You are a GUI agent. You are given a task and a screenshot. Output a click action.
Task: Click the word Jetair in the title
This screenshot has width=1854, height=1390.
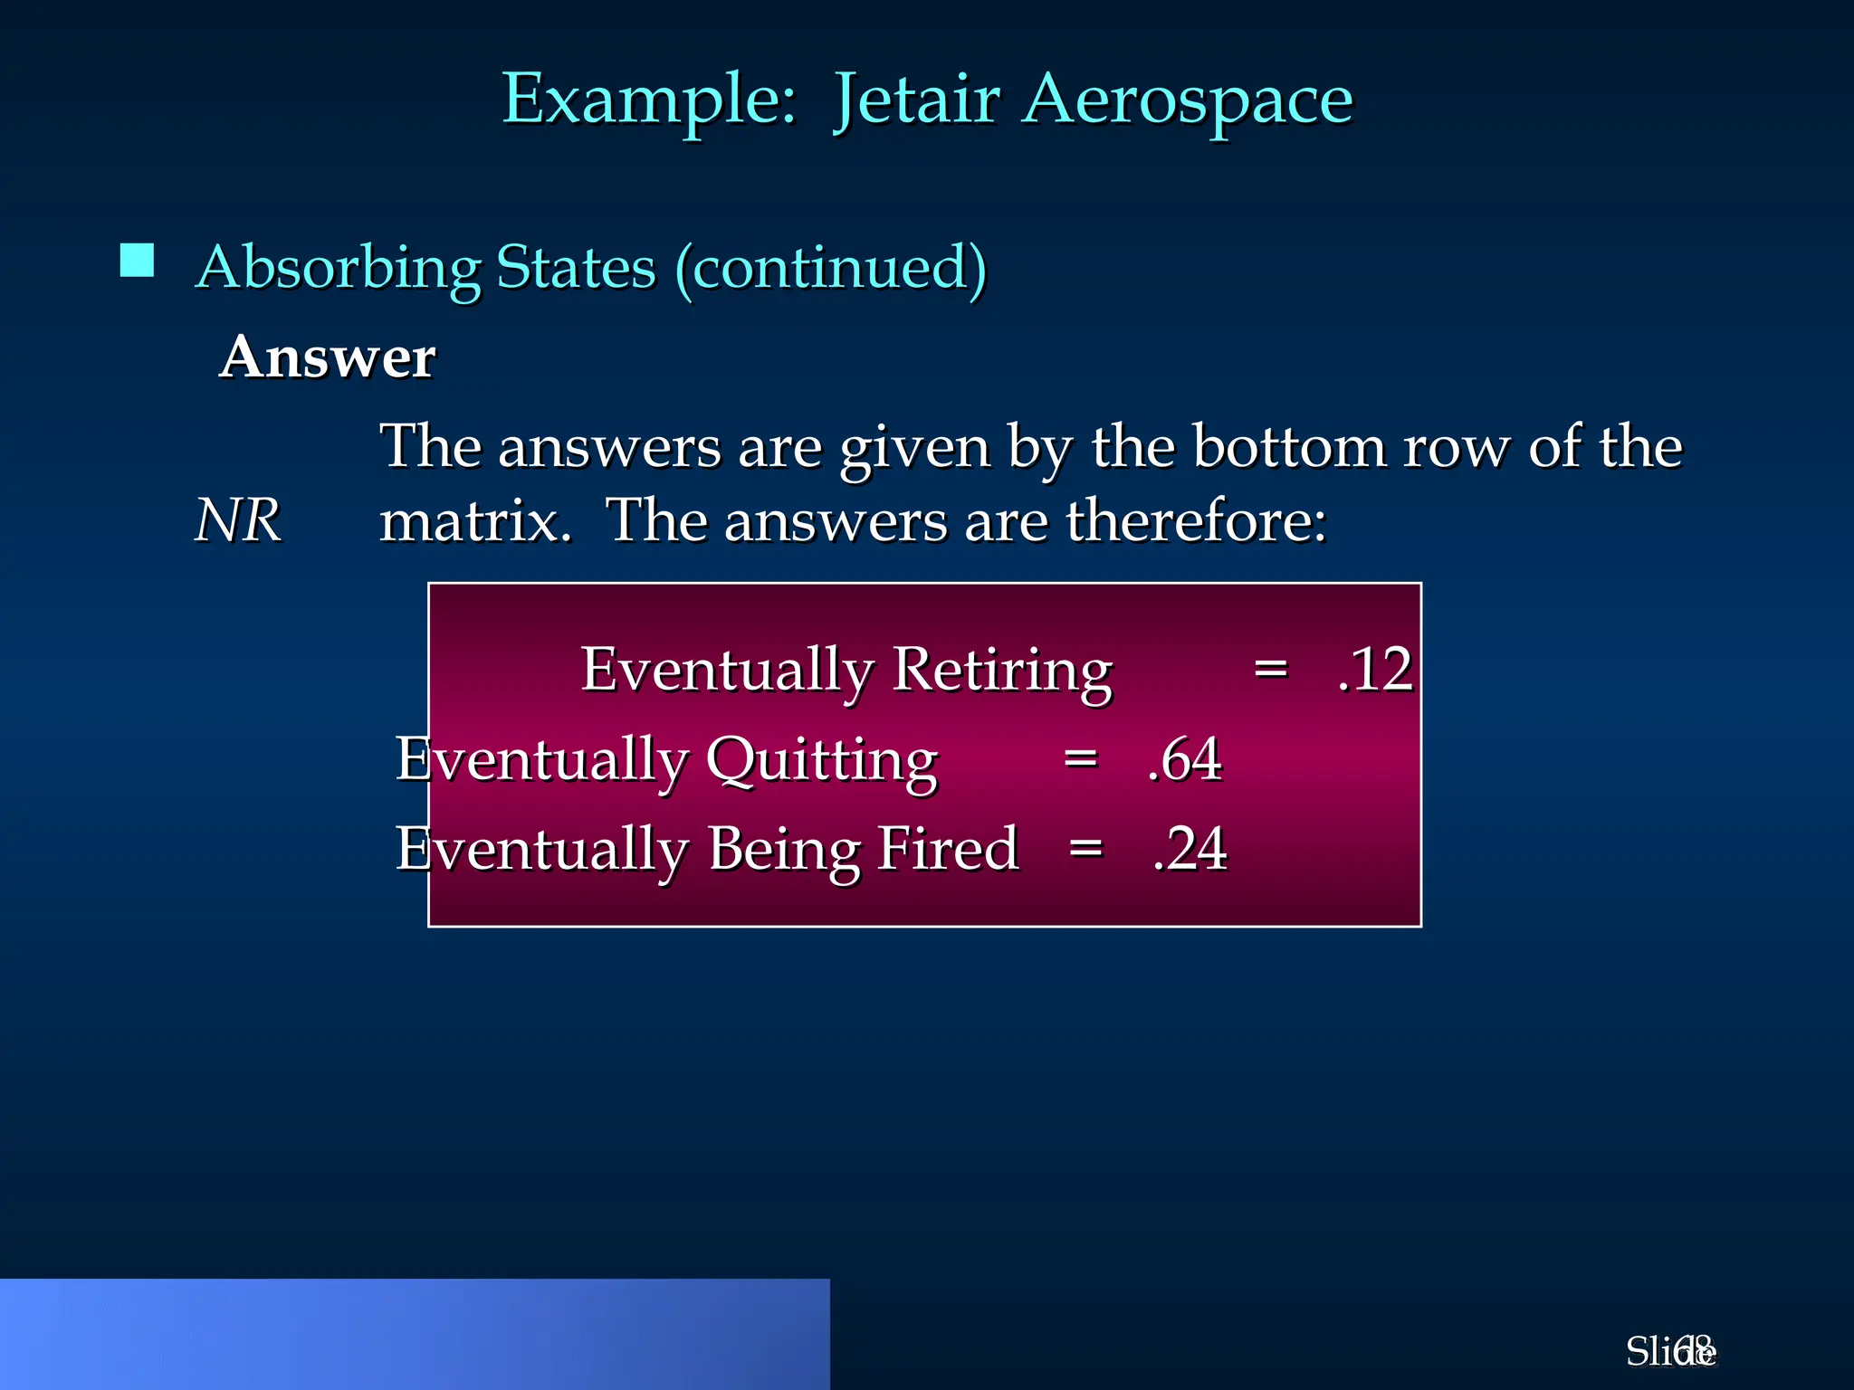[x=916, y=100]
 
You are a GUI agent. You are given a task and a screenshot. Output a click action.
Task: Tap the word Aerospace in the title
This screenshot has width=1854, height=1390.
[x=1188, y=100]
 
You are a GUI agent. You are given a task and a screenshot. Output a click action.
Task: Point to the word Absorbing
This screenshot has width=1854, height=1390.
[x=338, y=268]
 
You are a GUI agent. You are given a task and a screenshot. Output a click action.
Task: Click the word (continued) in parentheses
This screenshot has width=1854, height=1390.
[x=830, y=268]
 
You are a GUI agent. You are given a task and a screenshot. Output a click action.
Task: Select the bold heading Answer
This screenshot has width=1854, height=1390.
[x=327, y=357]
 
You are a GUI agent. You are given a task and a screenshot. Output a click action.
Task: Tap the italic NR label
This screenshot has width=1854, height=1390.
[x=238, y=520]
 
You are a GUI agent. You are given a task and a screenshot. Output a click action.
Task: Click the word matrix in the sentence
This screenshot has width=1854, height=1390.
[x=474, y=522]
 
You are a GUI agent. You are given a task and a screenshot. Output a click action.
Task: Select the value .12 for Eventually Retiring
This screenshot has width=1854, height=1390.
[x=1374, y=670]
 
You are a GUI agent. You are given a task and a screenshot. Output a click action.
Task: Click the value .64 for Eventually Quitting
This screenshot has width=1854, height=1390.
[x=1184, y=759]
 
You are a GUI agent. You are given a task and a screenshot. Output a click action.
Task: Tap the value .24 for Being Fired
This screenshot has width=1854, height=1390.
[x=1190, y=849]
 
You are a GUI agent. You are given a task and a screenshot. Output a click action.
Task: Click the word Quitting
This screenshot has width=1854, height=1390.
[x=821, y=759]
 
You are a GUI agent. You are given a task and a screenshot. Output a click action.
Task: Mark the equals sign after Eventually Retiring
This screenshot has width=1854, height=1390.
[x=1270, y=670]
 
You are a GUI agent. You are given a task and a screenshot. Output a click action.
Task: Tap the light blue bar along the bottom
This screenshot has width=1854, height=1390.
[x=415, y=1334]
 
